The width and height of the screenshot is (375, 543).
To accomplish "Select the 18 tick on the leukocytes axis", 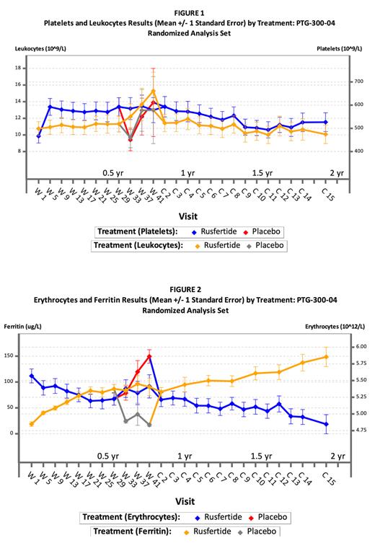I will (x=17, y=68).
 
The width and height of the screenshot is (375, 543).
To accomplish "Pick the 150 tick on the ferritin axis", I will (x=15, y=356).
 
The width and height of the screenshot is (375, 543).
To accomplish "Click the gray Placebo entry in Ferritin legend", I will (x=267, y=530).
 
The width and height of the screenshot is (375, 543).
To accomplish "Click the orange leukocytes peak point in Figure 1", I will (x=154, y=92).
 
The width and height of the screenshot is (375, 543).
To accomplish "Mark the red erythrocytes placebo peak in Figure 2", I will (x=149, y=356).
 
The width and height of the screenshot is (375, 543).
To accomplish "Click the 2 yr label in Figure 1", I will (x=337, y=173).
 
